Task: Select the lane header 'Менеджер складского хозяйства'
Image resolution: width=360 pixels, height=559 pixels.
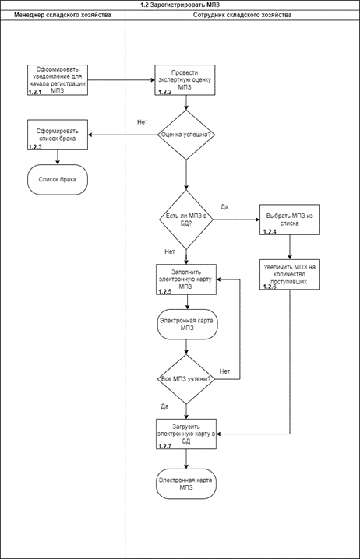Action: [62, 15]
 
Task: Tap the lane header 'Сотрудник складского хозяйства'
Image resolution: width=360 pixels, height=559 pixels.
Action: [242, 15]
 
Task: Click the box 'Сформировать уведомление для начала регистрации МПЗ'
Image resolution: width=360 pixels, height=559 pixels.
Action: [58, 80]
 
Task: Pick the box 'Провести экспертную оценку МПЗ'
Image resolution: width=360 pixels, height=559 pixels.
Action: [185, 80]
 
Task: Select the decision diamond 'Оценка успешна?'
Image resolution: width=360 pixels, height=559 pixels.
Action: [186, 135]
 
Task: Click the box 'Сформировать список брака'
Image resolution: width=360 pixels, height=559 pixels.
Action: [58, 135]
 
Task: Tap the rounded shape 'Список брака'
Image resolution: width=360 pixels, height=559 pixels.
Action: [58, 180]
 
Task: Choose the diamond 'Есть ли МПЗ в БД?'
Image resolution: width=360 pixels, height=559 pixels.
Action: [186, 220]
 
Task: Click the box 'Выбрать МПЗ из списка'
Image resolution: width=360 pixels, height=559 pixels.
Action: [290, 220]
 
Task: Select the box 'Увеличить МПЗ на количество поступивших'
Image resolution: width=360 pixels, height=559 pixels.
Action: [290, 275]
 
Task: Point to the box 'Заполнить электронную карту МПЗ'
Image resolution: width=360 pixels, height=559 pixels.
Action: [186, 279]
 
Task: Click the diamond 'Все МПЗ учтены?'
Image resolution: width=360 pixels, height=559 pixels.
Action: [186, 379]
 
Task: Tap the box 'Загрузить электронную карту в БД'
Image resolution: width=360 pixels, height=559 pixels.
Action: [186, 434]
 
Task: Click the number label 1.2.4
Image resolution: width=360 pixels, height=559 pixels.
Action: [270, 232]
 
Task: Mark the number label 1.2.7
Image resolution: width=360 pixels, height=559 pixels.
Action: [165, 446]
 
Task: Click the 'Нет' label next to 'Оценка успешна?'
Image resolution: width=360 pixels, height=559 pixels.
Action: [143, 122]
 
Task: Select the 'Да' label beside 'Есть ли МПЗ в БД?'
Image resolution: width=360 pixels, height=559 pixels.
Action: [224, 207]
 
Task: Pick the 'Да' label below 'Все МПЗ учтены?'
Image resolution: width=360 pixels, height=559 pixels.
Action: [164, 406]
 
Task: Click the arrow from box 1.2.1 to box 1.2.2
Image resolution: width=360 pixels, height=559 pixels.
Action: [122, 80]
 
